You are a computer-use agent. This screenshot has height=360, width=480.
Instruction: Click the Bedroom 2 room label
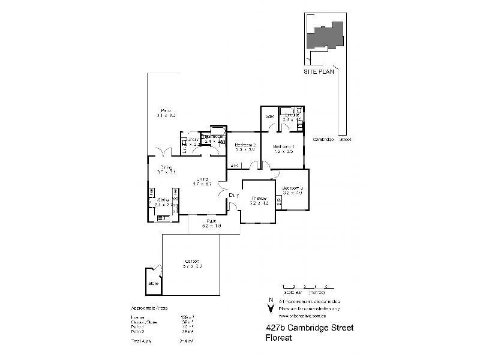tap(245, 145)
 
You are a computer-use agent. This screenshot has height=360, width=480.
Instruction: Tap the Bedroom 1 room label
tap(283, 146)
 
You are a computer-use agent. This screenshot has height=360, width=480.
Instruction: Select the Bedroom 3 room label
tap(293, 188)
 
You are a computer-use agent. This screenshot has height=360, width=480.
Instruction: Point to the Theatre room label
tap(259, 198)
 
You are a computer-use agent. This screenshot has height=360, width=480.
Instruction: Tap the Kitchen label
tap(163, 200)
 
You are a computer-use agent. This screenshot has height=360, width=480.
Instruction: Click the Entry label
tap(234, 195)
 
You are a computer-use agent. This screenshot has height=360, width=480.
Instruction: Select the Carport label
tap(192, 262)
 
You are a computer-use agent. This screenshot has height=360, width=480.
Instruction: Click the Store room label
tap(153, 283)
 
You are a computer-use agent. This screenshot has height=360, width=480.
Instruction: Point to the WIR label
tap(269, 116)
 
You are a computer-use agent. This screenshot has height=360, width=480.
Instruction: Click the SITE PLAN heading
tap(318, 70)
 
